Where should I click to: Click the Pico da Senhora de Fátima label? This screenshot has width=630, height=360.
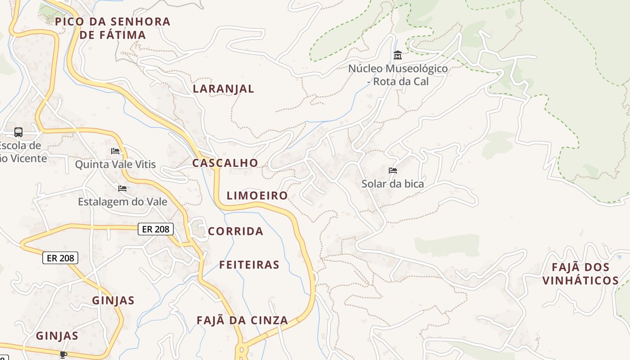(112, 28)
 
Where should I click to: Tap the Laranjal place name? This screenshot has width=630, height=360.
(224, 89)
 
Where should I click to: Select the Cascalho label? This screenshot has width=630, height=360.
(225, 163)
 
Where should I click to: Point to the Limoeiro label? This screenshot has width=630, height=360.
(257, 195)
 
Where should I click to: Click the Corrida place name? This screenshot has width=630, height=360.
(235, 231)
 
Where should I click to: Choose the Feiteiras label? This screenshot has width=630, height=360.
(249, 265)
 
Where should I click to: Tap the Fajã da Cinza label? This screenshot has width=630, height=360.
(242, 320)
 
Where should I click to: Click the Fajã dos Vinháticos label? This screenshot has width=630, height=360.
(580, 274)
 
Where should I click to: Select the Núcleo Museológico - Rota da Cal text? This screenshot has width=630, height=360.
(398, 75)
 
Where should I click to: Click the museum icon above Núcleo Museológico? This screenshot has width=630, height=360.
(398, 55)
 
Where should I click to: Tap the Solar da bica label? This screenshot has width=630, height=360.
(392, 184)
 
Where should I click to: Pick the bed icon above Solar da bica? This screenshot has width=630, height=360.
(393, 171)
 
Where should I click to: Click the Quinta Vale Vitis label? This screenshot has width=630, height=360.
(115, 164)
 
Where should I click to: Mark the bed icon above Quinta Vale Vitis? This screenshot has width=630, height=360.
(115, 151)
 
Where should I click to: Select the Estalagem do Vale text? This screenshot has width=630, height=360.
(122, 202)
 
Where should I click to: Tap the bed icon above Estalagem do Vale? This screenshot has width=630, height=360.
(122, 188)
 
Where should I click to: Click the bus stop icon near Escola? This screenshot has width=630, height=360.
(18, 132)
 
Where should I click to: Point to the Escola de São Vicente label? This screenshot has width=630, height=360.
(22, 152)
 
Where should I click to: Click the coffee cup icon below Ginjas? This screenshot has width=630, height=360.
(63, 355)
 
